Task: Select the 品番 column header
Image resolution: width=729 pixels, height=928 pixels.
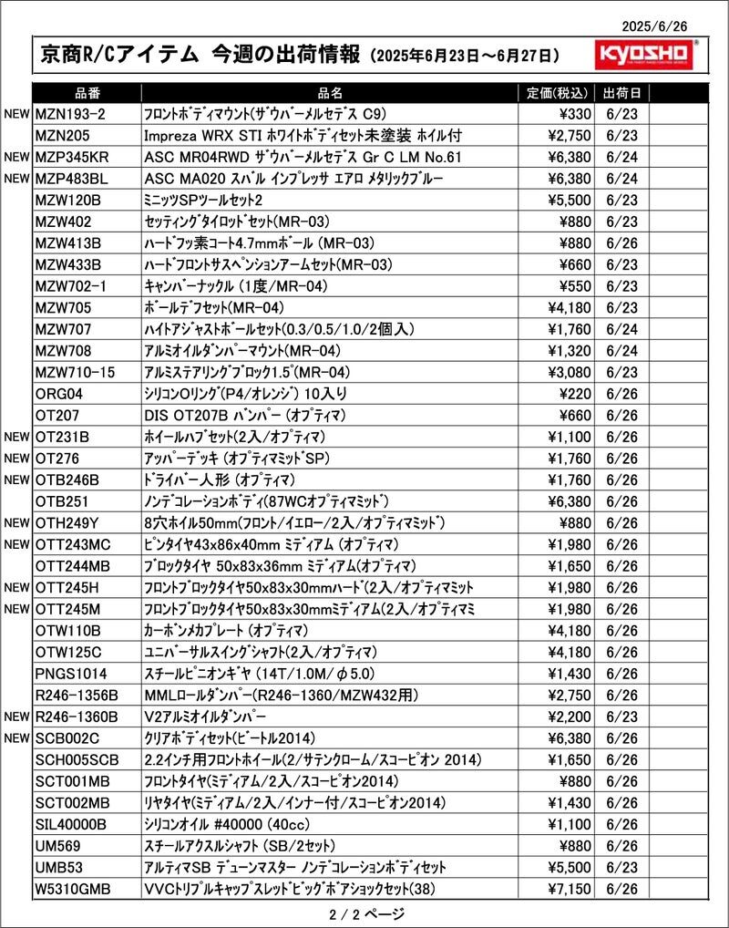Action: tap(87, 92)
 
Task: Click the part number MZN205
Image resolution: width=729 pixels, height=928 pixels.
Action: tap(62, 135)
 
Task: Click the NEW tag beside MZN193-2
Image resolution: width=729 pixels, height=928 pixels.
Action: tap(17, 114)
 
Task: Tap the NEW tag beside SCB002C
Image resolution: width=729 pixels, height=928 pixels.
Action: tap(17, 738)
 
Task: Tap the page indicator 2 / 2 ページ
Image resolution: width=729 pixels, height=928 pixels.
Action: tap(364, 913)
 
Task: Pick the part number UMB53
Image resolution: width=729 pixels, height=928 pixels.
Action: tap(59, 867)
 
